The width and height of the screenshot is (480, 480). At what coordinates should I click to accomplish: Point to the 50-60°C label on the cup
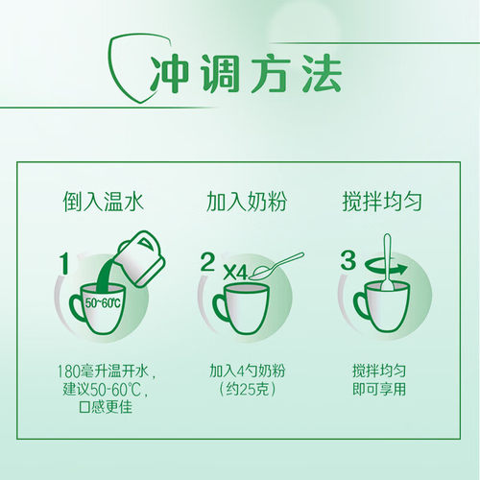pos(103,302)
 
